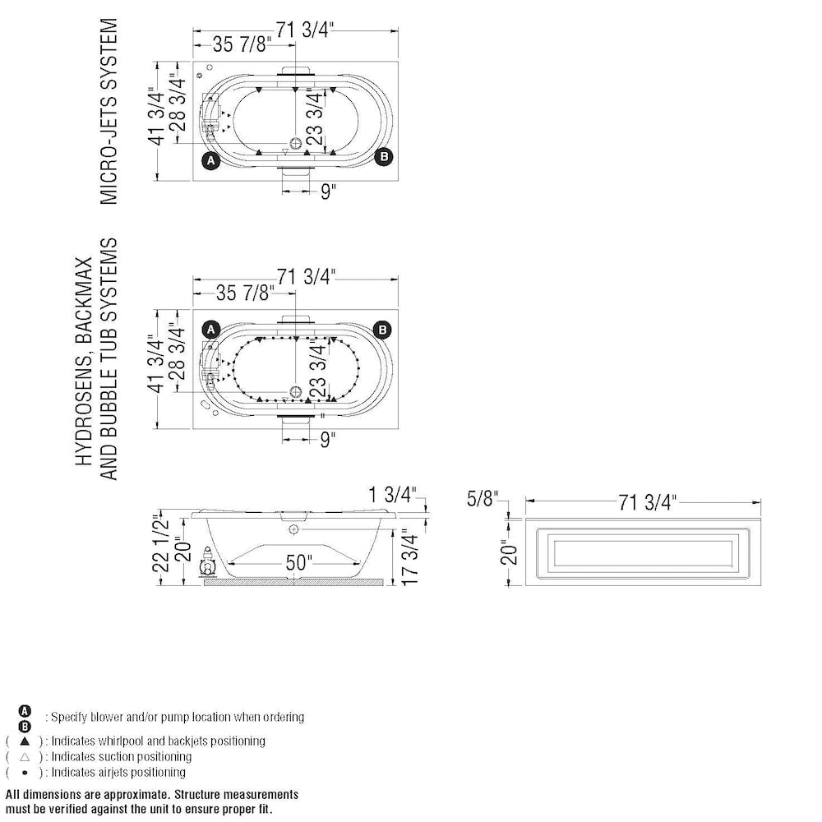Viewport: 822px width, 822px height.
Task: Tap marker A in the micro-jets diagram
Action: [x=210, y=160]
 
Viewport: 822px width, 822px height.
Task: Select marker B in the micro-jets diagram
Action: [x=382, y=157]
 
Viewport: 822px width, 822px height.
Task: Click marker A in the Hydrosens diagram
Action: [x=210, y=330]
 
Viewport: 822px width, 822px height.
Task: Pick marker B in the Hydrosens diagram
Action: [x=382, y=330]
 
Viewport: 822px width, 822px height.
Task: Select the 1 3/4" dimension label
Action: [x=394, y=495]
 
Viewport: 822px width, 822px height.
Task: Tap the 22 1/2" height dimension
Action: [x=161, y=549]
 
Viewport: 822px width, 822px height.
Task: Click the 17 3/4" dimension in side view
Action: [x=413, y=557]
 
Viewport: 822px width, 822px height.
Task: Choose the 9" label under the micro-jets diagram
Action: [x=328, y=192]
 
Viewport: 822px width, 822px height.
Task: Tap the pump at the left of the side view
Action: [x=208, y=567]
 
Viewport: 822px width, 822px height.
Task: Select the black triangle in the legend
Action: [x=25, y=741]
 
